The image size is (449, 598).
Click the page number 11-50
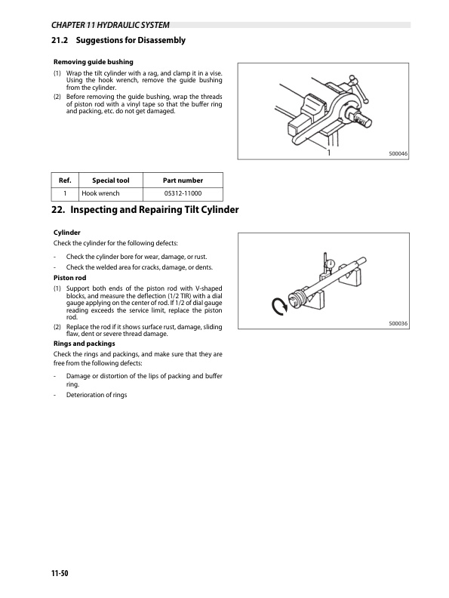[60, 573]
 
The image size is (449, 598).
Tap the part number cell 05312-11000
[183, 193]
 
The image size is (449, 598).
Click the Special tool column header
[110, 180]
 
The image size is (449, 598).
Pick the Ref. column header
[65, 180]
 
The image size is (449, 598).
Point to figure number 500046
[398, 154]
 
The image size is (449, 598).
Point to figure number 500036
[398, 323]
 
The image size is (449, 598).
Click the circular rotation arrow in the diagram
[279, 307]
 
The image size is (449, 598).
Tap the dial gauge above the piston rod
[330, 264]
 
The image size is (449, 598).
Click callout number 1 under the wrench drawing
[328, 153]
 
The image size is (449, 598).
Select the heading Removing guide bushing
[94, 62]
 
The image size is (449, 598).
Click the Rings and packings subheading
[85, 344]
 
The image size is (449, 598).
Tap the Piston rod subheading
[69, 278]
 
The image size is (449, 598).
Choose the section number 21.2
[60, 40]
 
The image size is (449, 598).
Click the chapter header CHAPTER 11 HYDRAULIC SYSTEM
[110, 25]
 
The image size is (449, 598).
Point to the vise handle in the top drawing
[358, 89]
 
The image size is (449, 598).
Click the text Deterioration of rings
[97, 395]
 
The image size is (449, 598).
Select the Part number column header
[183, 180]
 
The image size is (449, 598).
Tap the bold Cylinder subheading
[66, 233]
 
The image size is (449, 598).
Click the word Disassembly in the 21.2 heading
[161, 41]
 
